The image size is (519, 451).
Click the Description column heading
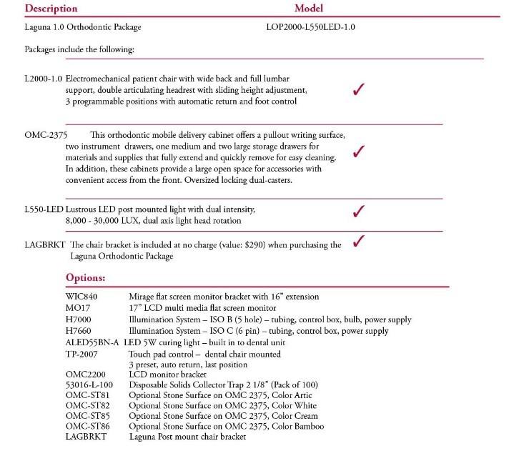pos(51,9)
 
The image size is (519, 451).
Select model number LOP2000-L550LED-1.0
pos(310,28)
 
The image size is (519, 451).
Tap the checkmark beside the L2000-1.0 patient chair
pos(360,89)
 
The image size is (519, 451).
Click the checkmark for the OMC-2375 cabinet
pos(360,151)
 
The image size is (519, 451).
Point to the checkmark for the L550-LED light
pos(360,211)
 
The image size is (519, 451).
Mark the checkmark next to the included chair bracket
pos(360,240)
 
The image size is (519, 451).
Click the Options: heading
pos(86,277)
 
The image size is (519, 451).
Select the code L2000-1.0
pos(43,77)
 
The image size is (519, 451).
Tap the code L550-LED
pos(44,209)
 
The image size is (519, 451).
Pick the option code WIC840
pos(81,296)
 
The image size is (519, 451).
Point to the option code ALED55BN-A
pos(93,342)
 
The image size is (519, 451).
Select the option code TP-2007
pos(80,354)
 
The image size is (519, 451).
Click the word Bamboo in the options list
pos(306,427)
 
